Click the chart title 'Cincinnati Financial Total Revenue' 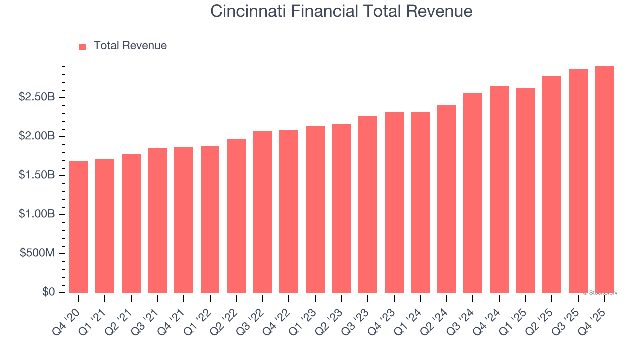(341, 11)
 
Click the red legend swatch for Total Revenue (83, 46)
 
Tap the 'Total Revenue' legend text (130, 46)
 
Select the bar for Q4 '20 (79, 227)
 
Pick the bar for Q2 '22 (236, 216)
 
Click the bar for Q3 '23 (367, 205)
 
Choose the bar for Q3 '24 (472, 193)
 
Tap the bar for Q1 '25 (525, 190)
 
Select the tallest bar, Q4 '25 (604, 180)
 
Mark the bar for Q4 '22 (289, 212)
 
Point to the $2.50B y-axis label (37, 97)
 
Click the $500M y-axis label (37, 253)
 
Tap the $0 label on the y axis (48, 292)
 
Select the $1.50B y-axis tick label (37, 175)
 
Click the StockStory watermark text (600, 293)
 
